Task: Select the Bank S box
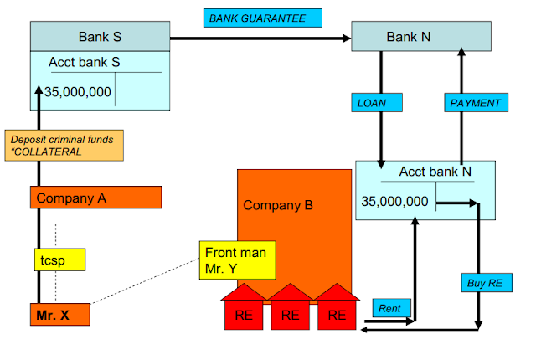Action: pos(100,37)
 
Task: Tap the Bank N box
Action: pos(408,37)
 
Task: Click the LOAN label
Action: pos(374,102)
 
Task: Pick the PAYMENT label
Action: pos(475,102)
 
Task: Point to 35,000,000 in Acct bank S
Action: pos(78,92)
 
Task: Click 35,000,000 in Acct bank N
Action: pos(395,201)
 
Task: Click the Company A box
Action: pos(95,198)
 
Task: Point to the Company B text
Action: pos(277,205)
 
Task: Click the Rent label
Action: pos(389,309)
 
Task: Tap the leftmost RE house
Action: pos(244,311)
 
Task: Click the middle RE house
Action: pos(290,311)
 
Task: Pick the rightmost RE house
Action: pos(336,311)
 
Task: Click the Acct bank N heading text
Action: pos(435,172)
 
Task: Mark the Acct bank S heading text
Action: pos(84,63)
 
